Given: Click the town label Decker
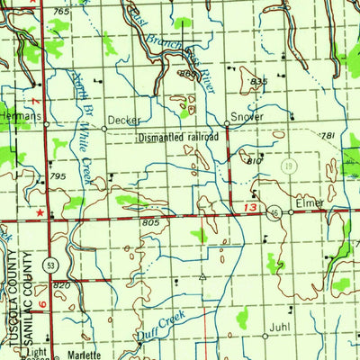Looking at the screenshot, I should pyautogui.click(x=123, y=119).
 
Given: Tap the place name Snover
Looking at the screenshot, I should pyautogui.click(x=247, y=119).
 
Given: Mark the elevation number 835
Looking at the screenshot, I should pyautogui.click(x=260, y=82).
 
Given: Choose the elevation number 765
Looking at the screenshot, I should pyautogui.click(x=60, y=11).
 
